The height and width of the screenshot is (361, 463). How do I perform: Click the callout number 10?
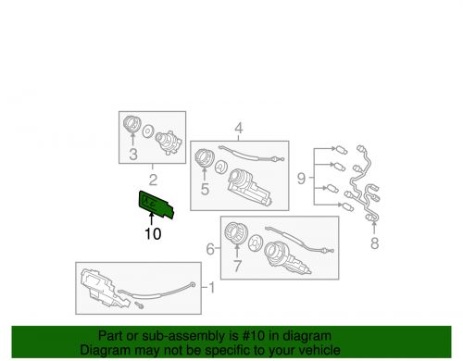[x=153, y=234]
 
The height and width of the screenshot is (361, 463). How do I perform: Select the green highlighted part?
[x=156, y=205]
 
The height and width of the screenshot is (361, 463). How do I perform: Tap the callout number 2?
[x=153, y=180]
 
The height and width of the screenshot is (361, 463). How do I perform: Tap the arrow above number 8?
[x=374, y=227]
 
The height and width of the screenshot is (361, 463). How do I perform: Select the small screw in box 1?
[x=139, y=305]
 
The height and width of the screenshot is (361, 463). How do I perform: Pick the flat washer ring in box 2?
[x=147, y=131]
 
